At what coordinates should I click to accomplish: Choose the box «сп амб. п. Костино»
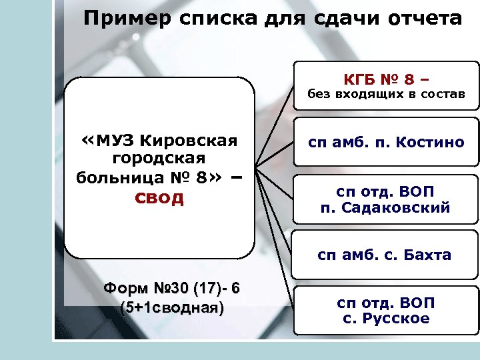tap(386, 142)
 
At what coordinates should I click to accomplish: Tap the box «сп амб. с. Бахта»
tap(386, 255)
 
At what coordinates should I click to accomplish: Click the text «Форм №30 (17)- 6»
tap(172, 289)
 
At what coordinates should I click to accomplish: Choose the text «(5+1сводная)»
tap(172, 307)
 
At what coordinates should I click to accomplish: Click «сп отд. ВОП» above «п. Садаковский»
tap(386, 192)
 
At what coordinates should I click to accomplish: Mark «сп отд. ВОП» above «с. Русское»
tap(386, 303)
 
